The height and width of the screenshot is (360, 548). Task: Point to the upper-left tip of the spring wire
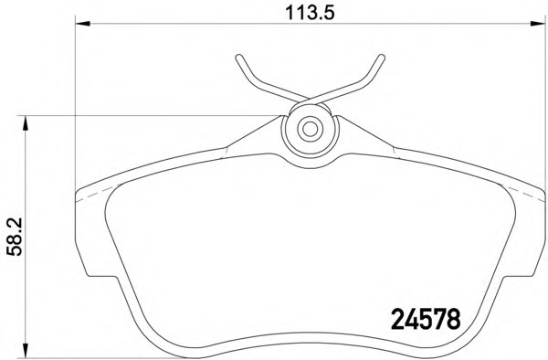237,58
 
